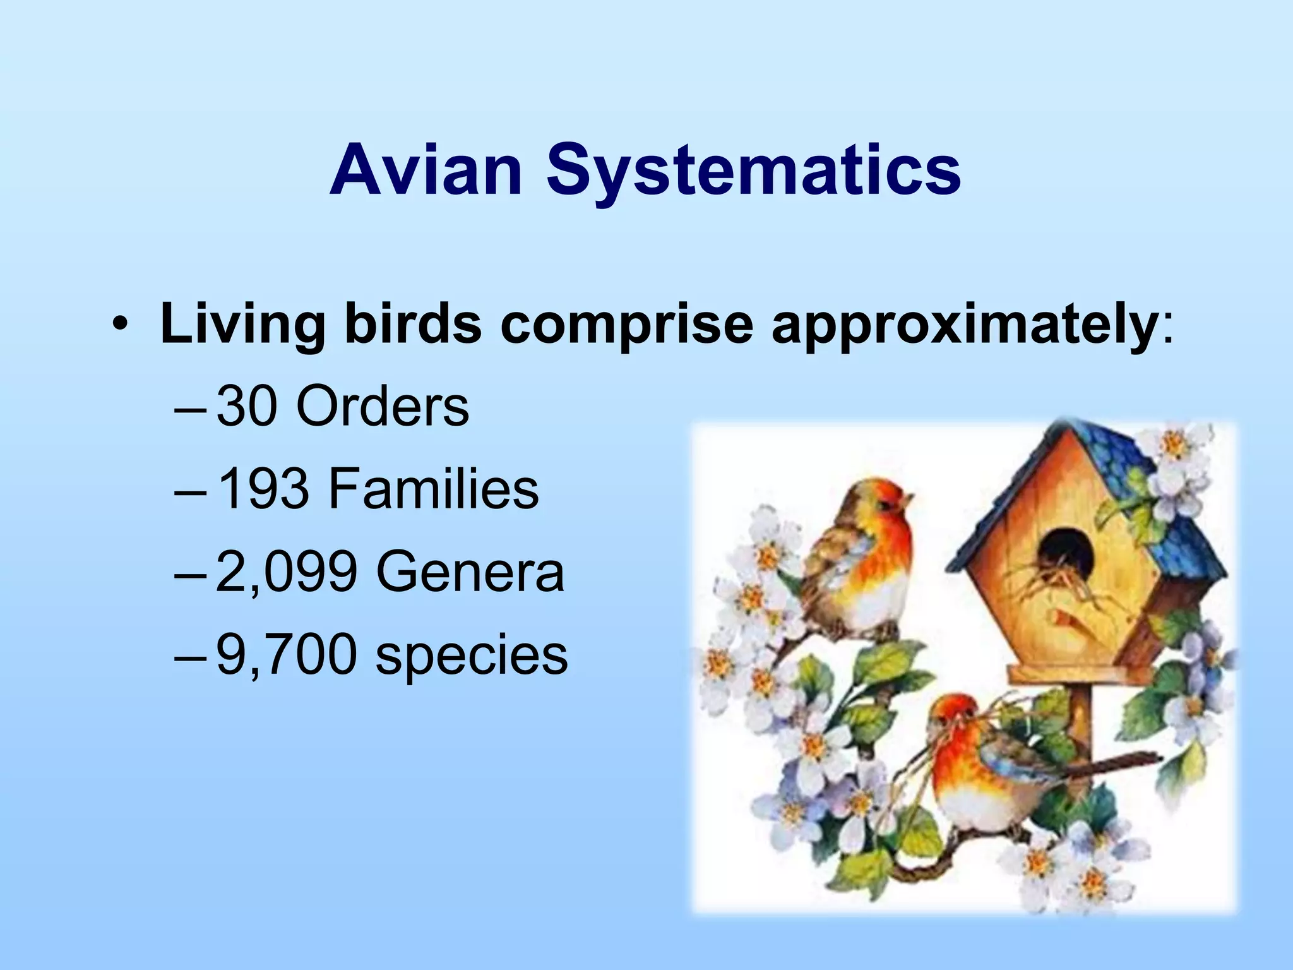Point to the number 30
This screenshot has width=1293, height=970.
[x=247, y=407]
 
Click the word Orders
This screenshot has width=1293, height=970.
[x=383, y=407]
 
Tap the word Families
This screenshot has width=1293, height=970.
[x=433, y=489]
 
